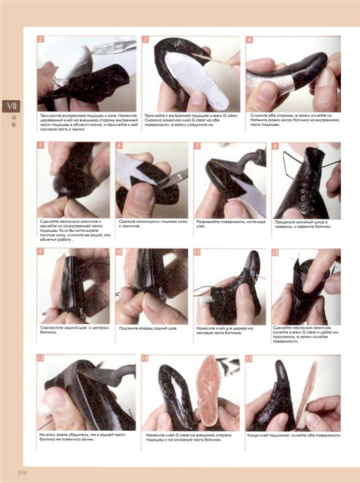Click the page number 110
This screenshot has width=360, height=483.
click(22, 472)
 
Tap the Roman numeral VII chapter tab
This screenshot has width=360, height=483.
click(12, 106)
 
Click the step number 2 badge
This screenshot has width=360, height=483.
click(41, 39)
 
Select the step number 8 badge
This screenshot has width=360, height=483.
click(275, 146)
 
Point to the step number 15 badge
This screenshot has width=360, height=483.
click(249, 358)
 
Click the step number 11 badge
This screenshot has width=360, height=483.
click(197, 252)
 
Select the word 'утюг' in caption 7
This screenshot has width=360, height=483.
click(201, 227)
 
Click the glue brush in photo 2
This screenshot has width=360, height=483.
click(114, 47)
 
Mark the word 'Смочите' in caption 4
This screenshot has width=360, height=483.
click(259, 115)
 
